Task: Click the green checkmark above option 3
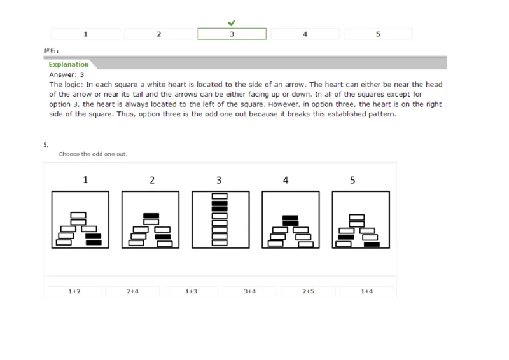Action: click(x=232, y=23)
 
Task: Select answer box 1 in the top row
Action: click(x=86, y=34)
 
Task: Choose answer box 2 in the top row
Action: click(x=159, y=34)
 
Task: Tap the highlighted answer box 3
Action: click(x=232, y=34)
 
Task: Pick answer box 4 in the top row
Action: click(x=305, y=34)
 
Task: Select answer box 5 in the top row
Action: click(x=378, y=34)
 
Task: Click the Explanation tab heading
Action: click(x=69, y=65)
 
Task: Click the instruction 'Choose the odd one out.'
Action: click(x=92, y=155)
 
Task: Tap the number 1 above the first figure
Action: click(x=86, y=180)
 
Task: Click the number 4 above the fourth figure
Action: click(x=286, y=180)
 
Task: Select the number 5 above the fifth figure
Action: click(x=352, y=180)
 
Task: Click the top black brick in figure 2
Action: click(x=151, y=216)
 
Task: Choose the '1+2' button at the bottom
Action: click(x=74, y=291)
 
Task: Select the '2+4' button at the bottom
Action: click(x=132, y=291)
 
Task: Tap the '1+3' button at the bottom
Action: click(x=191, y=291)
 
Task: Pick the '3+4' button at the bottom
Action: click(x=249, y=291)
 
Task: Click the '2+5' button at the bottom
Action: click(x=308, y=291)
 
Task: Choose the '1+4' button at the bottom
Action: click(x=366, y=291)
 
